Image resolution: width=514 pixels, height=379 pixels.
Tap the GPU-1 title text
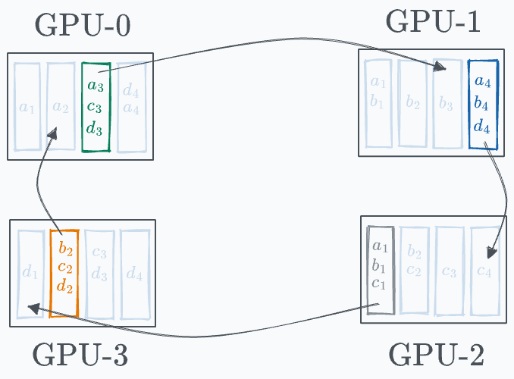433,21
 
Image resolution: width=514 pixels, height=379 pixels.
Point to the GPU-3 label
81,353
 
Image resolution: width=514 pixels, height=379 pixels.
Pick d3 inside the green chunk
95,128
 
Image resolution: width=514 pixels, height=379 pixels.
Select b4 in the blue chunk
481,103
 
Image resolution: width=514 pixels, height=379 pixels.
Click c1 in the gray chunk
379,284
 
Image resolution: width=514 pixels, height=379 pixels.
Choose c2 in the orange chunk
65,268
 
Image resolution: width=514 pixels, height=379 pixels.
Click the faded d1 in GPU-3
29,273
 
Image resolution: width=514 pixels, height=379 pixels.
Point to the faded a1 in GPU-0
27,108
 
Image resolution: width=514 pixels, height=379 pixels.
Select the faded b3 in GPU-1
447,102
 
